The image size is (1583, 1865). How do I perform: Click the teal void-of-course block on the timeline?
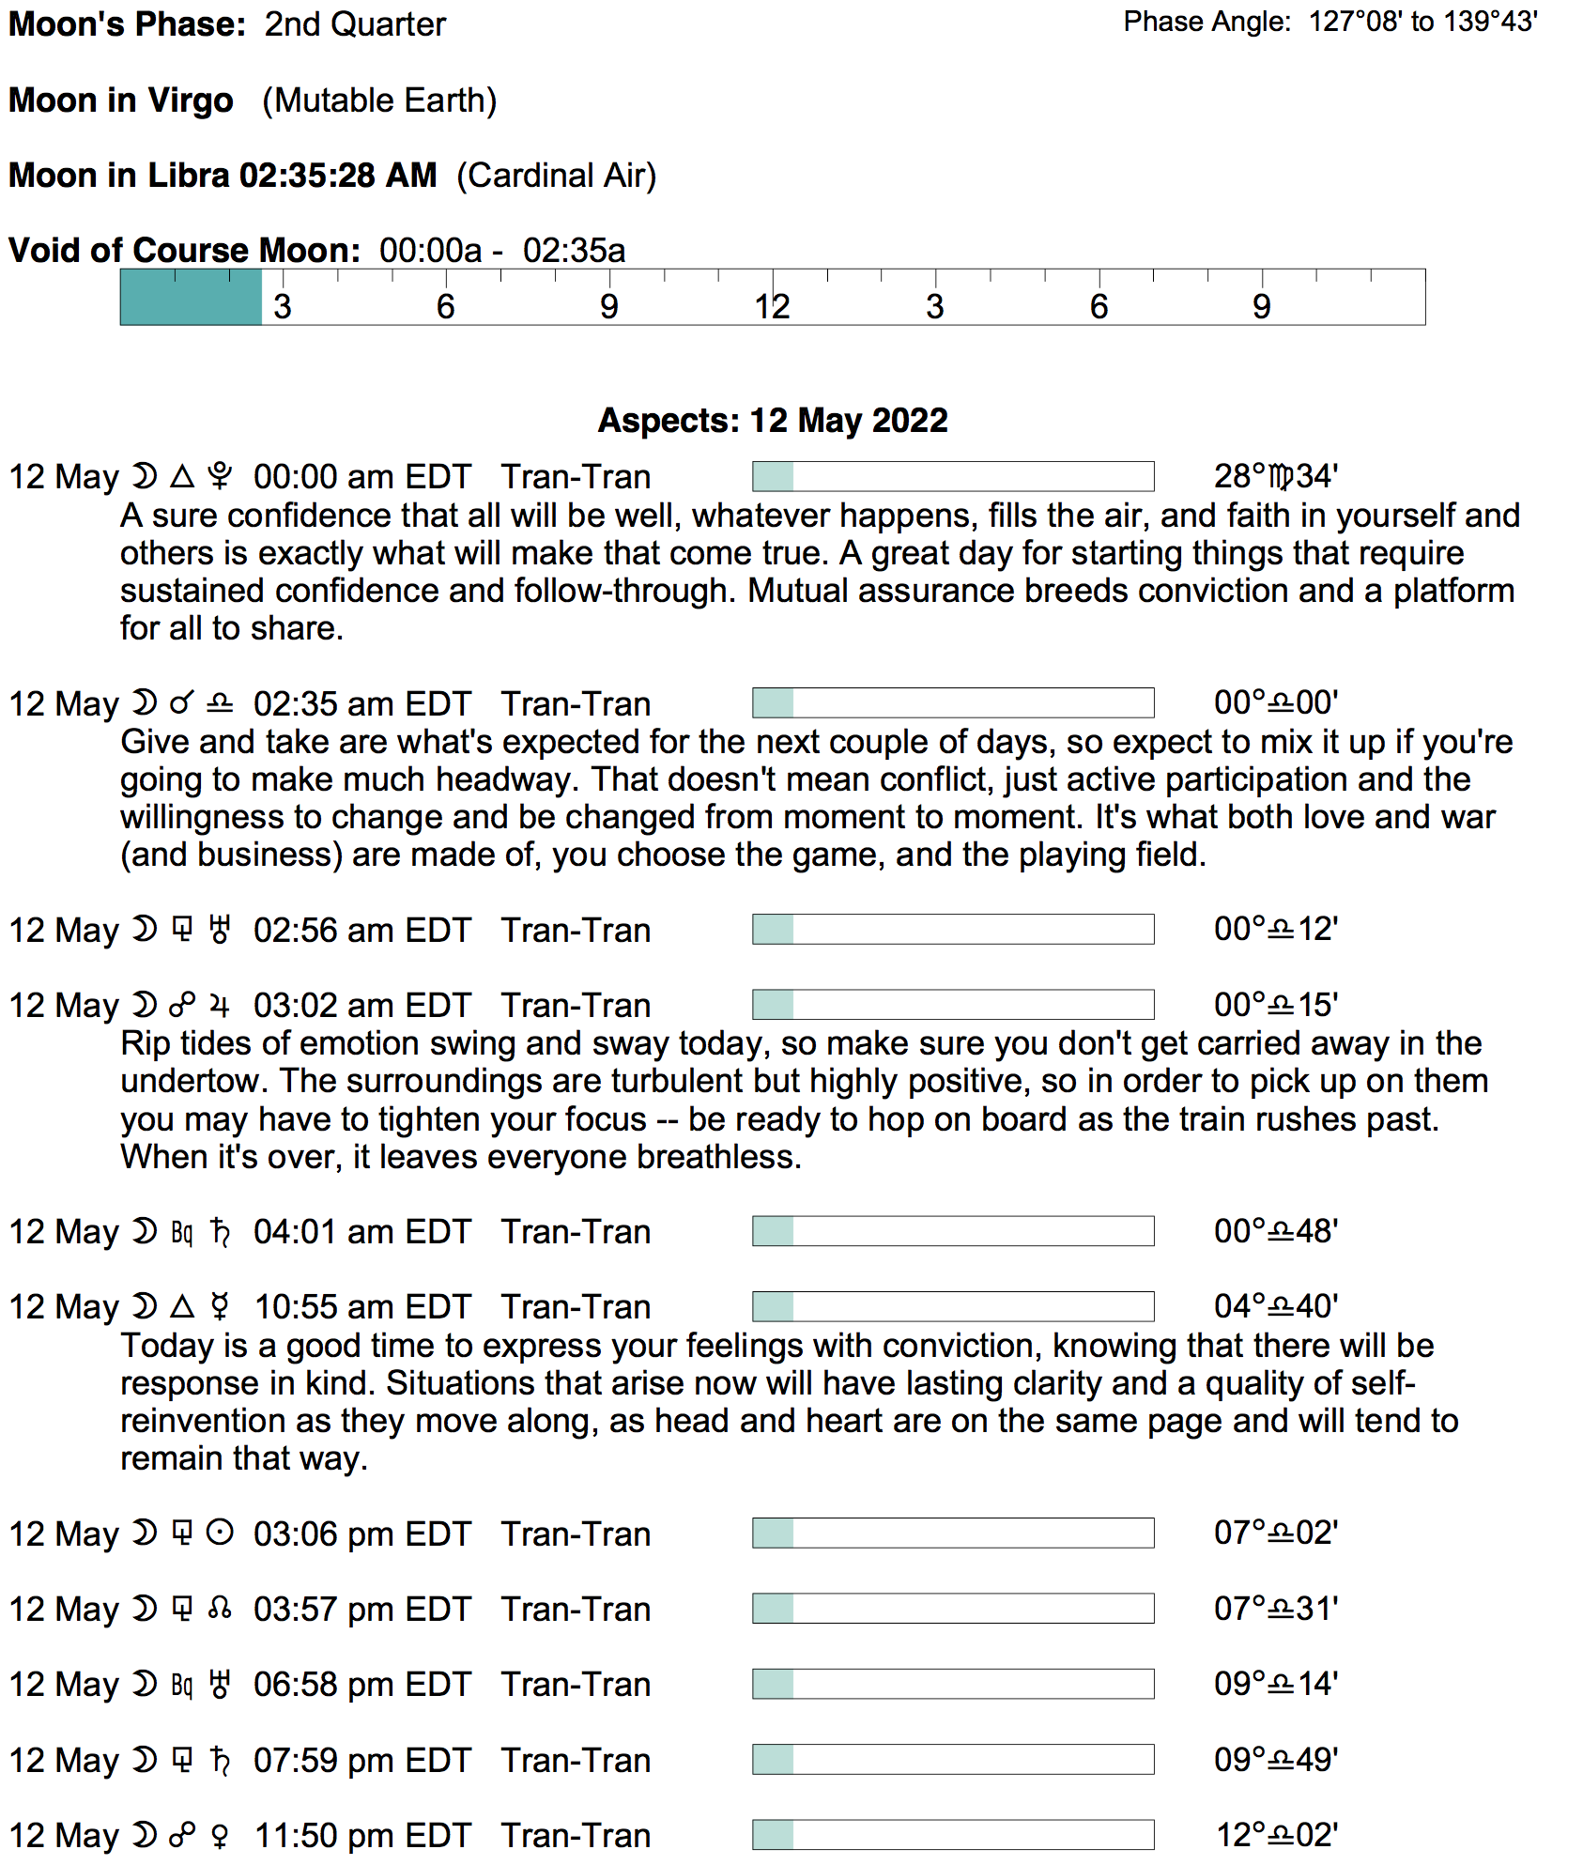[191, 298]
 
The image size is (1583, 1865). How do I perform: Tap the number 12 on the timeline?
[772, 307]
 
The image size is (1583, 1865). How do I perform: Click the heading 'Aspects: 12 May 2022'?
[773, 420]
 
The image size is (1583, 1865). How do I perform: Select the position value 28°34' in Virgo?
[1275, 476]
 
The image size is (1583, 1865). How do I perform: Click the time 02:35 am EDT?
[361, 703]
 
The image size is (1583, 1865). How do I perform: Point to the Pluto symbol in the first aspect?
[220, 476]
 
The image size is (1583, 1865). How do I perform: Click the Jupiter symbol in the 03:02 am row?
[220, 1006]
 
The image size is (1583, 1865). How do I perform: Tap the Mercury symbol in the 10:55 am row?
[220, 1306]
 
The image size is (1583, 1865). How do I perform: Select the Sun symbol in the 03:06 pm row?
[220, 1534]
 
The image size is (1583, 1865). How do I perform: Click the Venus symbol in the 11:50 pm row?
[220, 1835]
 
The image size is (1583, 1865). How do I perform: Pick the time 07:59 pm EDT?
[361, 1760]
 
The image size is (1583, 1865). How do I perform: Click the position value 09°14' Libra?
[1275, 1684]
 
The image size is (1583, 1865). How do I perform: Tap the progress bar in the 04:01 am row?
[952, 1231]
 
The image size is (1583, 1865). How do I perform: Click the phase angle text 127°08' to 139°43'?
[1422, 22]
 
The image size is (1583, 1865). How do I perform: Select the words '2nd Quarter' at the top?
[355, 24]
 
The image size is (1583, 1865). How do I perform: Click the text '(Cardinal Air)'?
[556, 176]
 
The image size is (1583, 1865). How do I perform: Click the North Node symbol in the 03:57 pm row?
[220, 1609]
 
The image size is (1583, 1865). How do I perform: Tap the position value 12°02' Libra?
[1276, 1835]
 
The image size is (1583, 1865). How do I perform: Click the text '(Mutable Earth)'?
[379, 100]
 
